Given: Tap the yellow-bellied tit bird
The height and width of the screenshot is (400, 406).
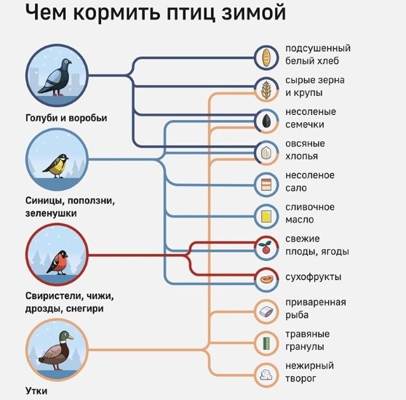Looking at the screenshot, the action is pyautogui.click(x=56, y=166).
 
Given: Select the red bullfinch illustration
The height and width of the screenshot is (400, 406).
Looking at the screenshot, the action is pyautogui.click(x=57, y=263).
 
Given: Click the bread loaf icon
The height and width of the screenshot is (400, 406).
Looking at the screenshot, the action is pyautogui.click(x=266, y=57).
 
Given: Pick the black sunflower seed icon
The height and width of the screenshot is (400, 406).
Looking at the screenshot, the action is pyautogui.click(x=267, y=121).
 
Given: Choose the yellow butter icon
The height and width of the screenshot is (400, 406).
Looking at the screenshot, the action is pyautogui.click(x=266, y=216).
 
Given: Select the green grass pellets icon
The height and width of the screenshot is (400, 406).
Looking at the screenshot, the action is pyautogui.click(x=266, y=343).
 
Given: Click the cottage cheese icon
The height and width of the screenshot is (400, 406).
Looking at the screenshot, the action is pyautogui.click(x=266, y=375).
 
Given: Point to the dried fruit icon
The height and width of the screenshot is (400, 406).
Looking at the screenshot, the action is pyautogui.click(x=266, y=280).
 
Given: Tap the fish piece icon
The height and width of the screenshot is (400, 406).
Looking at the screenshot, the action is pyautogui.click(x=266, y=311).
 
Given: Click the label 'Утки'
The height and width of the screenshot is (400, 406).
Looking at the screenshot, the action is pyautogui.click(x=36, y=391).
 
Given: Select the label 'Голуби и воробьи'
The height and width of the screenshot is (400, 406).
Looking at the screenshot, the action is pyautogui.click(x=66, y=118).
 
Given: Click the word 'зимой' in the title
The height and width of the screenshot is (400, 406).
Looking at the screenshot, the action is pyautogui.click(x=253, y=12).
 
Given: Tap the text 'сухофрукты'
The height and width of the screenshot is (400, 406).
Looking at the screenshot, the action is pyautogui.click(x=314, y=277).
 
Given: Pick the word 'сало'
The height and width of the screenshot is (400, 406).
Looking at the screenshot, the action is pyautogui.click(x=296, y=188).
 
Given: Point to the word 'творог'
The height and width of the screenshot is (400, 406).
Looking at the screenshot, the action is pyautogui.click(x=300, y=379).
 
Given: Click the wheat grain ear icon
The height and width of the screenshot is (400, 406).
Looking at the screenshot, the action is pyautogui.click(x=266, y=89).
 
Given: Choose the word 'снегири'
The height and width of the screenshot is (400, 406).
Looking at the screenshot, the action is pyautogui.click(x=84, y=308).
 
